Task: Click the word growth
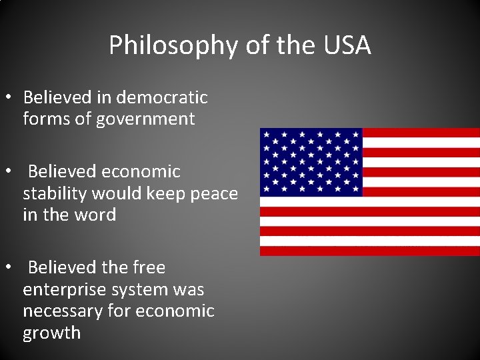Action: [51, 333]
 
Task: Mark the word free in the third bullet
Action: [149, 267]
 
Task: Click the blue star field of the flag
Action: [311, 162]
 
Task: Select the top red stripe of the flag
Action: [421, 133]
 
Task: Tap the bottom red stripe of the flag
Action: [369, 251]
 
